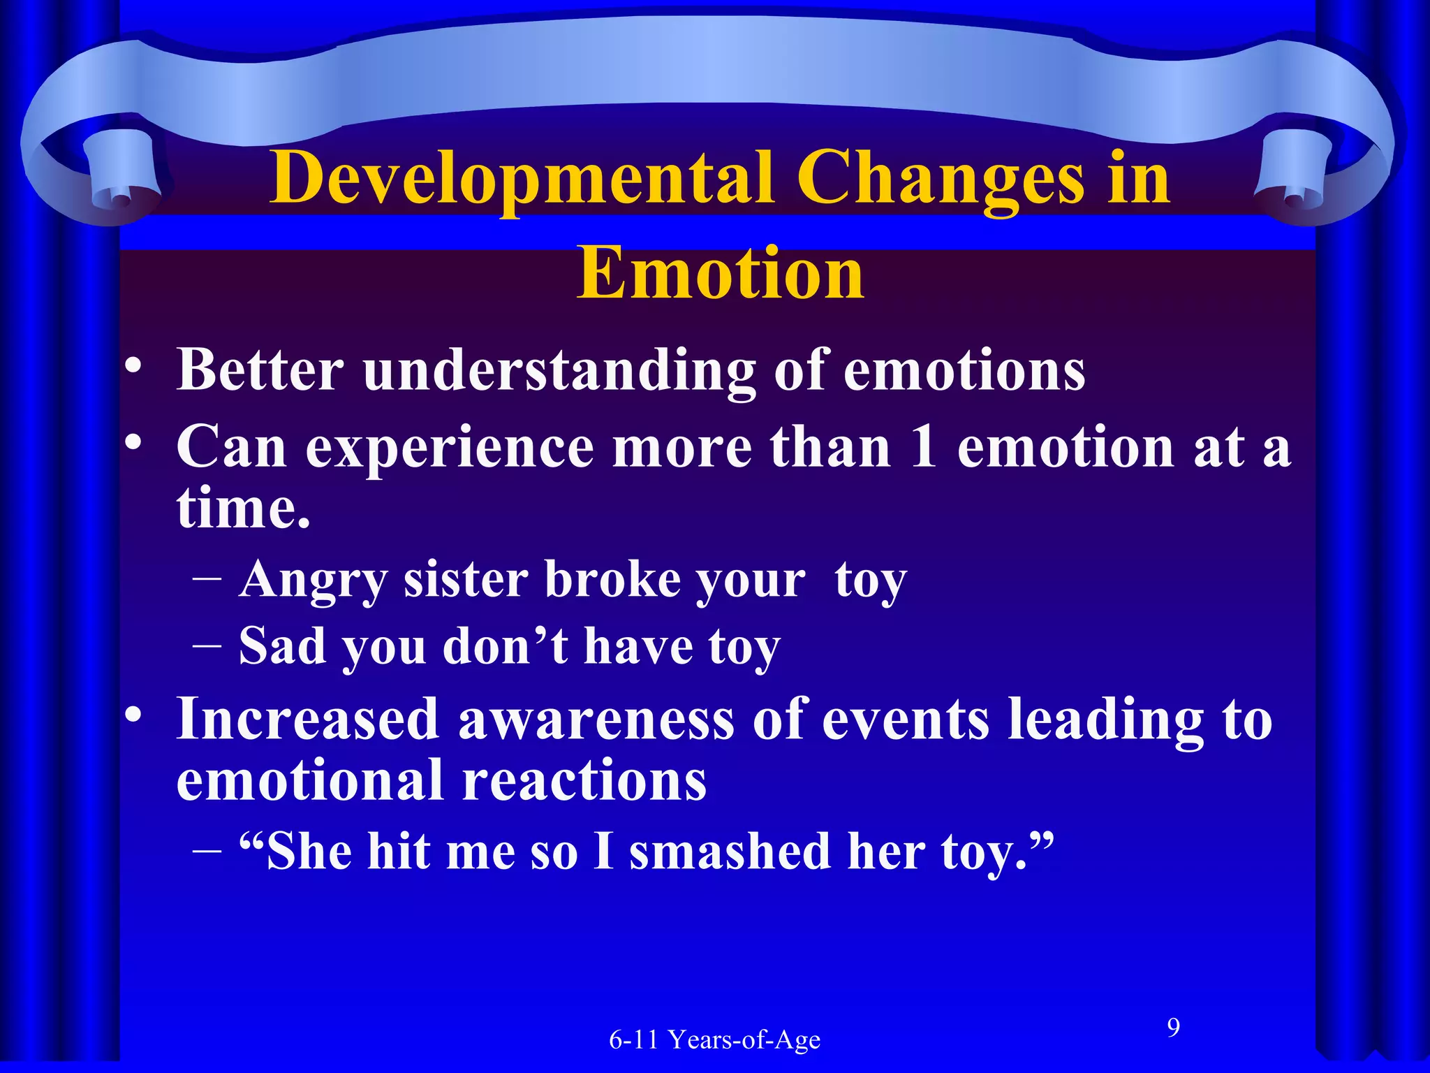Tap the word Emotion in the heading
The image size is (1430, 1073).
click(x=721, y=274)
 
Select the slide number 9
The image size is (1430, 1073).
click(x=1174, y=1028)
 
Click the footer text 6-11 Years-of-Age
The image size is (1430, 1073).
click(x=714, y=1040)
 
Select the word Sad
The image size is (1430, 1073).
click(x=281, y=646)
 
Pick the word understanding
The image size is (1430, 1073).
click(x=559, y=370)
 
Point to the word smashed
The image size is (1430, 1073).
click(x=730, y=852)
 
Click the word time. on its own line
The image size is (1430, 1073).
click(x=243, y=508)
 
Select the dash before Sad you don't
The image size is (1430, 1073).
click(x=207, y=646)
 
